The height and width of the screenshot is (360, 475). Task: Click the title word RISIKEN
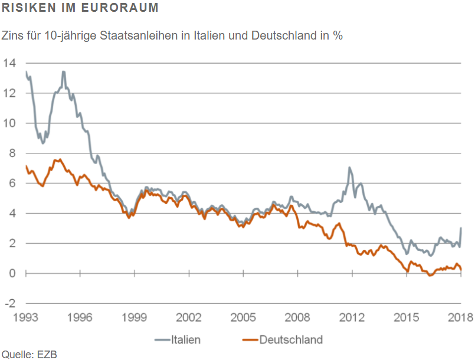pyautogui.click(x=24, y=9)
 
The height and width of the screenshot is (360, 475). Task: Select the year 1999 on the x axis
pyautogui.click(x=135, y=318)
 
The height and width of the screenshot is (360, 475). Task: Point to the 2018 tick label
pyautogui.click(x=460, y=318)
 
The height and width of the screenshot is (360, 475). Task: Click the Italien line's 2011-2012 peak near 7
pyautogui.click(x=350, y=168)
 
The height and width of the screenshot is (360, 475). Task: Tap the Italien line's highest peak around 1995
pyautogui.click(x=63, y=72)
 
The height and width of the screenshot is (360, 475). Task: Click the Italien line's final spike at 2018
pyautogui.click(x=461, y=228)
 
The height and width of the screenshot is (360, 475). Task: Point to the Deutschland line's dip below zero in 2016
pyautogui.click(x=430, y=276)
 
